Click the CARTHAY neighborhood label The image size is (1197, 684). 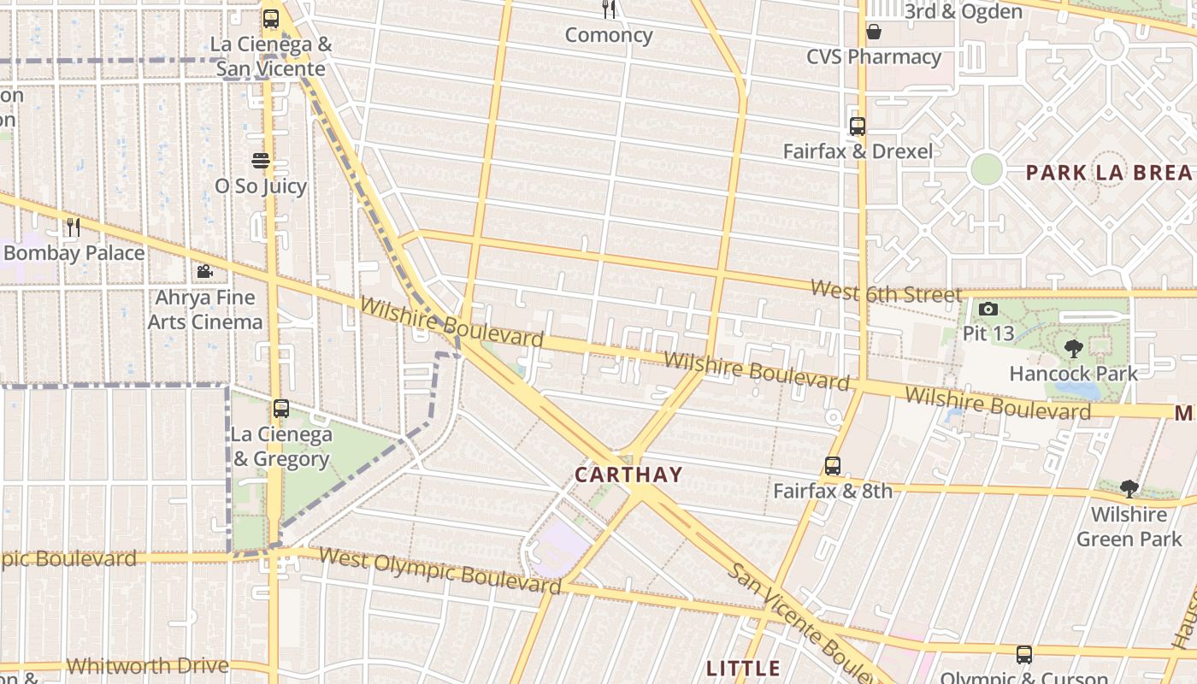[628, 475]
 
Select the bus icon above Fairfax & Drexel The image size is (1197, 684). [858, 127]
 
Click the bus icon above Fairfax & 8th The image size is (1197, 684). [833, 466]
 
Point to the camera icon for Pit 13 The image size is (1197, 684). [988, 309]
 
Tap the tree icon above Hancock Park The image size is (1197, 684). [1073, 348]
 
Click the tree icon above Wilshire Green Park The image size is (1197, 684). [1129, 489]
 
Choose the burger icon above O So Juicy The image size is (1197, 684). [261, 161]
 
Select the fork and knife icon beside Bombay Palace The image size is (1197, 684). [74, 227]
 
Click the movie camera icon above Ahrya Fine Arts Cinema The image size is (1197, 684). [204, 272]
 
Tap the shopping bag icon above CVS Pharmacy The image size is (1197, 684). [874, 32]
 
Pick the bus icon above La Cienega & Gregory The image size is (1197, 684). [281, 409]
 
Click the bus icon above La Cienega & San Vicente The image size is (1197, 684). [271, 19]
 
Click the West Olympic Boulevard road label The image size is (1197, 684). [439, 569]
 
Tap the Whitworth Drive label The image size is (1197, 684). [147, 665]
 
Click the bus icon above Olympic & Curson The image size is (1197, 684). [1024, 655]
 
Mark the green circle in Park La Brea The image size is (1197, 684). [986, 169]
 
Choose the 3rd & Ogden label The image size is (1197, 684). [963, 12]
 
